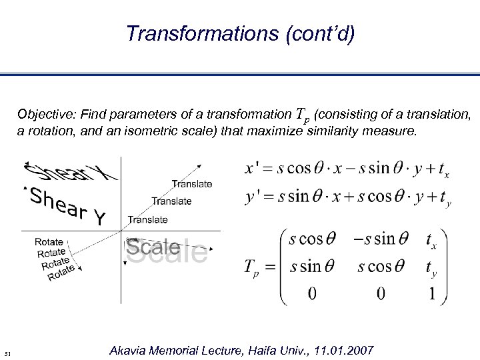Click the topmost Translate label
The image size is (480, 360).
point(192,183)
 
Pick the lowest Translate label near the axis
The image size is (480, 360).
point(147,219)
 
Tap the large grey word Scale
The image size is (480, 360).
point(166,250)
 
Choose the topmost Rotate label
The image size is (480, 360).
point(49,242)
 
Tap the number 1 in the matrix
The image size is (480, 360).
point(434,294)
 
